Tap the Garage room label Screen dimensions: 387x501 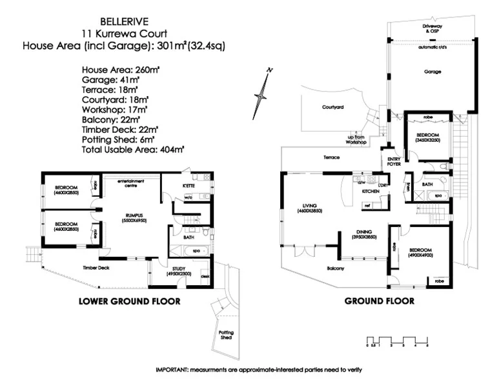tap(433, 72)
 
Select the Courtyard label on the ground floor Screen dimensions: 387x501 tap(332, 108)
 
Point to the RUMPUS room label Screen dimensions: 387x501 tap(134, 216)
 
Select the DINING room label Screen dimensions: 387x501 tap(365, 233)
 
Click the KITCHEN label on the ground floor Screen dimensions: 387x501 tap(370, 192)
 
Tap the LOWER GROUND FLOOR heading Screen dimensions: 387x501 tap(129, 301)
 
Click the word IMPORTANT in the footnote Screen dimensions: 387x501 tap(174, 370)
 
